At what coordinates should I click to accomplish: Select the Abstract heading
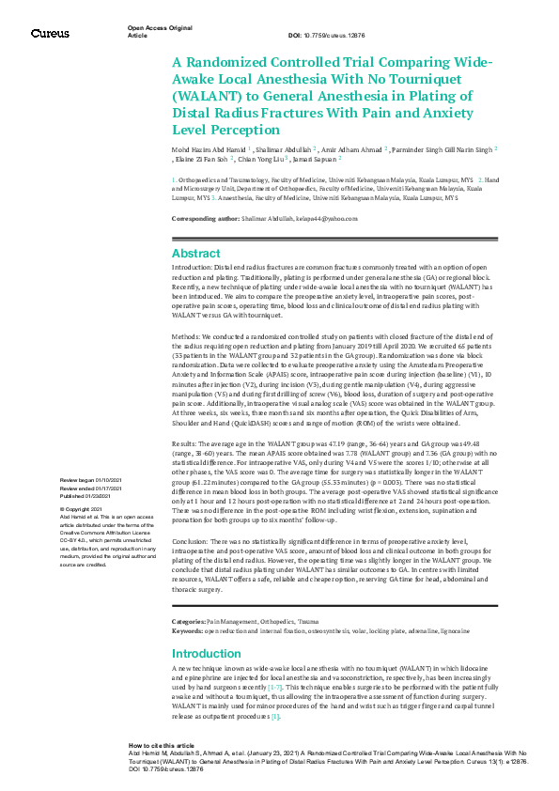coord(195,254)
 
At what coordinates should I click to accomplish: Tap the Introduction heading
coord(206,654)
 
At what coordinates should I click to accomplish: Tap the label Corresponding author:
coord(202,218)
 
